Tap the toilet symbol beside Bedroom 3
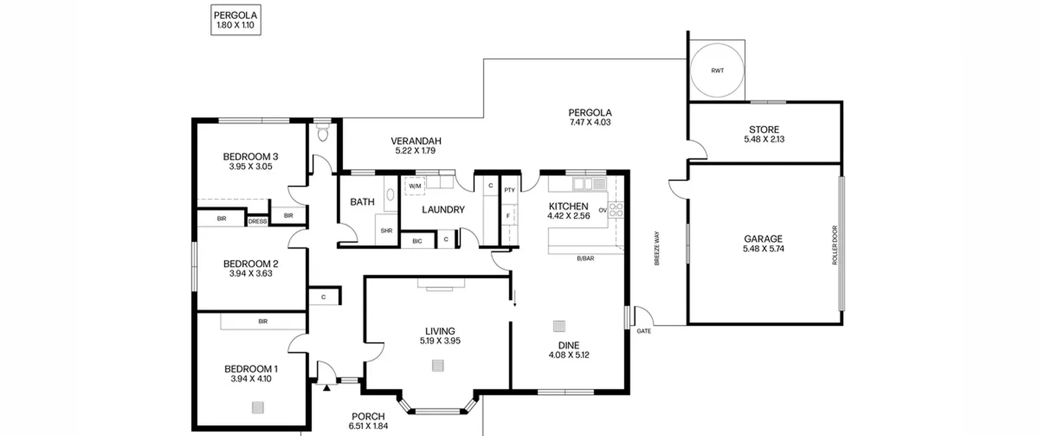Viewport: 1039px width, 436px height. [323, 132]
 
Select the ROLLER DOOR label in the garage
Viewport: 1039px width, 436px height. [835, 245]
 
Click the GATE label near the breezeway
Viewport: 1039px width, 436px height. [644, 331]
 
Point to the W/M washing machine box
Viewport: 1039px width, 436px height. [415, 186]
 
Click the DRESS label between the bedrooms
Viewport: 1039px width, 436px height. [257, 221]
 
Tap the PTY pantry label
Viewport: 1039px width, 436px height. [509, 190]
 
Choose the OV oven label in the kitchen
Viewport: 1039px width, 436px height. [603, 210]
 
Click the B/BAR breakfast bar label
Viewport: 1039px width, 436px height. [585, 258]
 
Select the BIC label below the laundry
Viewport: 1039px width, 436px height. [417, 241]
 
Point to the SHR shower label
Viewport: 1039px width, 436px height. [386, 231]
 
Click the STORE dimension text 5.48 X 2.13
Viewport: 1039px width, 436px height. [764, 139]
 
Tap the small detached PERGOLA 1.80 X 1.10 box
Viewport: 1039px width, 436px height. [236, 20]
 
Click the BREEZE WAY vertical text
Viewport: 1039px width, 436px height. [657, 248]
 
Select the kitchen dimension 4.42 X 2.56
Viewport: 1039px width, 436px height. [568, 216]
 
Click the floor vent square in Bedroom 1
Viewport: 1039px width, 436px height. [258, 407]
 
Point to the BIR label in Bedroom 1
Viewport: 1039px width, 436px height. [263, 321]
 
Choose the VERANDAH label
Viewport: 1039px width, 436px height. [416, 141]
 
